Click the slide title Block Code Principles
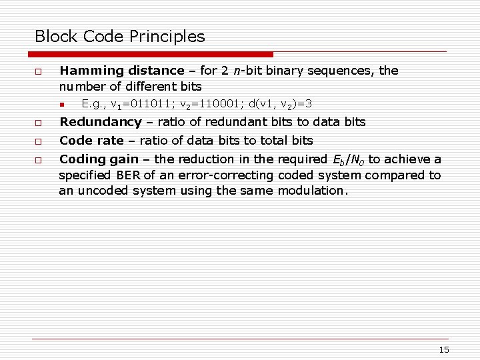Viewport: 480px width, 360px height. pyautogui.click(x=120, y=36)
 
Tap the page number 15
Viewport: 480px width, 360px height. pyautogui.click(x=445, y=350)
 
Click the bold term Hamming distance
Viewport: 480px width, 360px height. pyautogui.click(x=121, y=70)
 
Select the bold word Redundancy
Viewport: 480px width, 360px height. pyautogui.click(x=101, y=122)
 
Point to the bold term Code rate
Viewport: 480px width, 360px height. pyautogui.click(x=92, y=141)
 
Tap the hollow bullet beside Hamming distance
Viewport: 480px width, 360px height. pyautogui.click(x=39, y=71)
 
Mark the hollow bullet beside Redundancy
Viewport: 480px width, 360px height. pyautogui.click(x=39, y=123)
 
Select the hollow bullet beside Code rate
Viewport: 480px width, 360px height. pyautogui.click(x=39, y=141)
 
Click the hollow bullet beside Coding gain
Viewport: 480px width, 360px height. pyautogui.click(x=39, y=160)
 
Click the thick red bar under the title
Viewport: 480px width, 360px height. pyautogui.click(x=154, y=54)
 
